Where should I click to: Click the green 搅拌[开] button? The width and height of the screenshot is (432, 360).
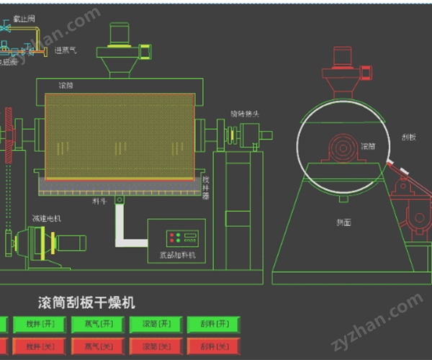click(35, 325)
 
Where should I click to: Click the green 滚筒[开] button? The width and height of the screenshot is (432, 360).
click(152, 325)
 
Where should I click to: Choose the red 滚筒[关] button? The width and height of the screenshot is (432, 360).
click(152, 346)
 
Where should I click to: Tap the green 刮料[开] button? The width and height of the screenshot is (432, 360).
click(212, 325)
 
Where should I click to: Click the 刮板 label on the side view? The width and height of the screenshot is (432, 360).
click(405, 135)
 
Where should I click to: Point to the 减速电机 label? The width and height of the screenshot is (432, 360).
click(45, 217)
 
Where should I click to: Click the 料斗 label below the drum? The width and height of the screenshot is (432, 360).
click(100, 202)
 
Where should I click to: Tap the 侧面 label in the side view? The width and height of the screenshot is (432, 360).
click(343, 222)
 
